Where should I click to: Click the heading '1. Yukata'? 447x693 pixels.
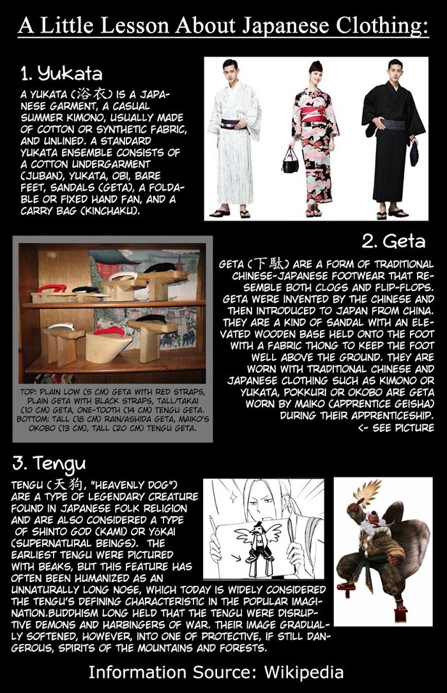[61, 73]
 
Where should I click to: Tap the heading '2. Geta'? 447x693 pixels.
[393, 241]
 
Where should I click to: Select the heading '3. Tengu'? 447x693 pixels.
[49, 463]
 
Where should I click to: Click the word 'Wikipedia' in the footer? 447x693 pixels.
[304, 672]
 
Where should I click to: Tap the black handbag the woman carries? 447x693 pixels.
[291, 162]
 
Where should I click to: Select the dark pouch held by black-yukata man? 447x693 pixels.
[414, 153]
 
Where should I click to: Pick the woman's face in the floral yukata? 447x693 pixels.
[315, 73]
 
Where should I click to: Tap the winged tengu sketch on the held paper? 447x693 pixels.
[255, 541]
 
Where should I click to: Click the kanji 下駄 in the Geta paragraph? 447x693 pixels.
[268, 264]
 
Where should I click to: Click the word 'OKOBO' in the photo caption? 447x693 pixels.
[43, 428]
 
